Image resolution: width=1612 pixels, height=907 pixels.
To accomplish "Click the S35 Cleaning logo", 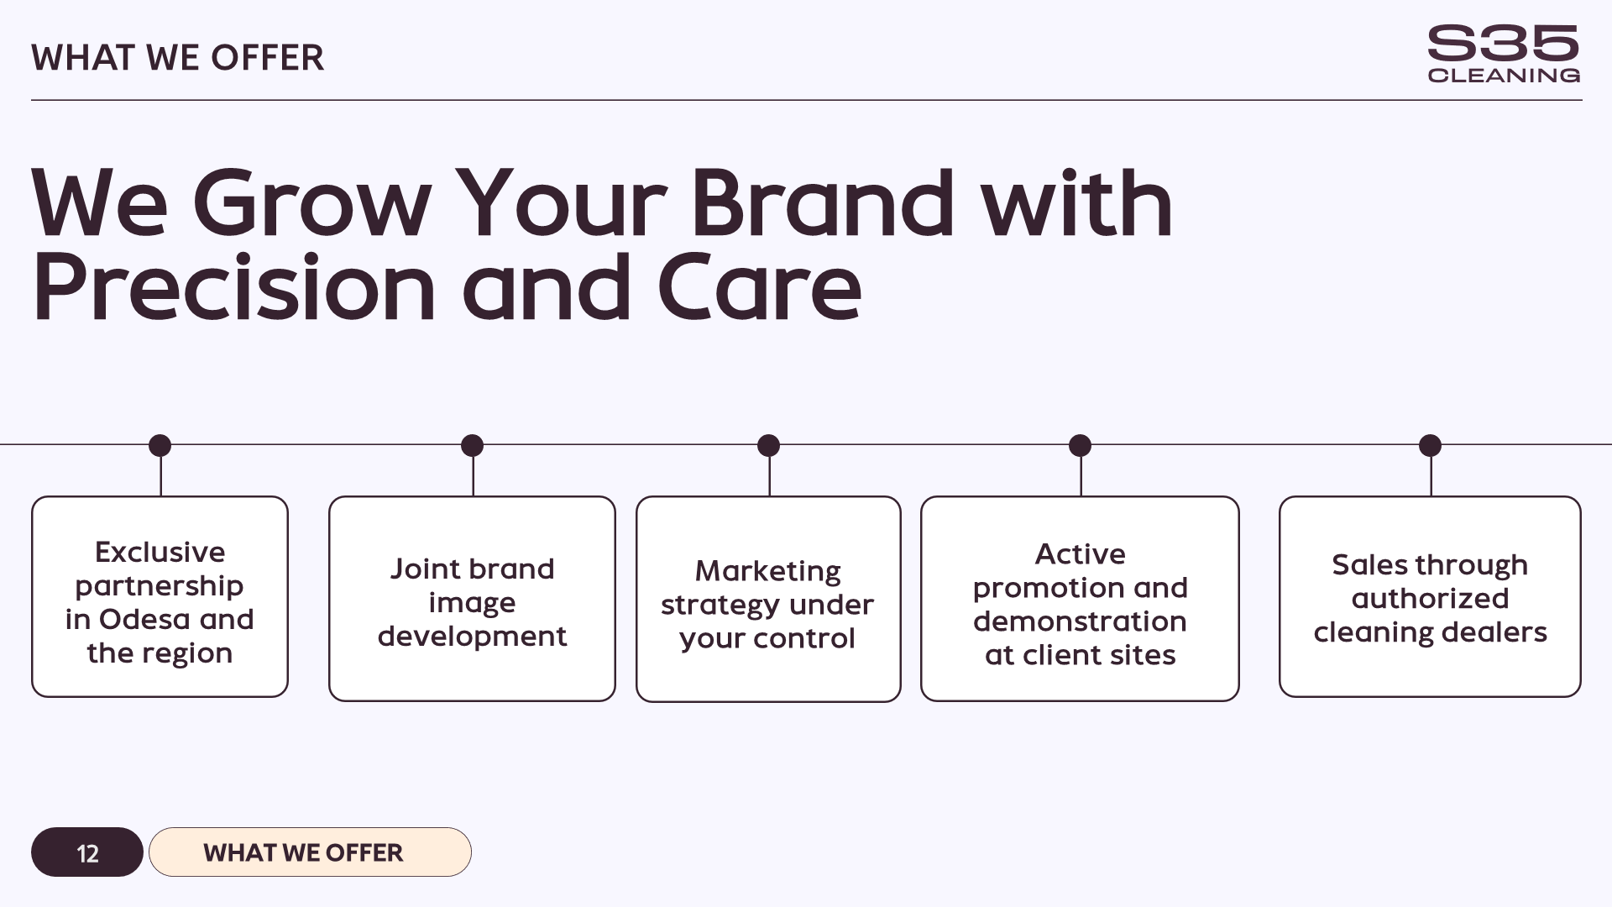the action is coord(1503,55).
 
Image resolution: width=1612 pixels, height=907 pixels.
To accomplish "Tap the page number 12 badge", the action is coord(87,852).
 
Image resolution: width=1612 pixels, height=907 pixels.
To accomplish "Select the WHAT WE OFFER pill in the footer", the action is coord(310,852).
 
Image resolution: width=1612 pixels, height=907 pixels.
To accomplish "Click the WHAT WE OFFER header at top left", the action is coord(177,58).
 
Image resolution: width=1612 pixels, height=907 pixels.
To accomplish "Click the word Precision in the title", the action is coord(233,288).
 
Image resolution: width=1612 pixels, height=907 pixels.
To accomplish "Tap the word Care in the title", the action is coord(759,288).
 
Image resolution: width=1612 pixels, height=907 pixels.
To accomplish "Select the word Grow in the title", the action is coord(311,203).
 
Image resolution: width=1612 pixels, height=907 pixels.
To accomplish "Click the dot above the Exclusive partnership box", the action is coord(160,445).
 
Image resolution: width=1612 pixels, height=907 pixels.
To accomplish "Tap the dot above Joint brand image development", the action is coord(473,445).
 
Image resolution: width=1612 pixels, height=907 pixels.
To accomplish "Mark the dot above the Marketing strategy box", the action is coord(768,445).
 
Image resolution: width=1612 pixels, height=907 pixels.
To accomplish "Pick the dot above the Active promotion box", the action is coord(1081,445).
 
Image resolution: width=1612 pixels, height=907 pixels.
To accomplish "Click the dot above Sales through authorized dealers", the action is coord(1430,445).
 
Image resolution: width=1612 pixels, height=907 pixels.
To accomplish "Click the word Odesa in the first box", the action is coord(145,620).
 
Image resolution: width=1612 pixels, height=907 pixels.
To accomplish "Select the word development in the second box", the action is coord(472,637).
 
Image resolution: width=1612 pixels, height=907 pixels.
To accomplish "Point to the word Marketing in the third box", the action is coord(767,571).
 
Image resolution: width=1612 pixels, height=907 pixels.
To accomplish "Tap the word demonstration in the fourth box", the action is coord(1080,621).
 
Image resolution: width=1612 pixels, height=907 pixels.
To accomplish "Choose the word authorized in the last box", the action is coord(1430,599).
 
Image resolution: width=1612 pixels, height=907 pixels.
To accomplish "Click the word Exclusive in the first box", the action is coord(160,553).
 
